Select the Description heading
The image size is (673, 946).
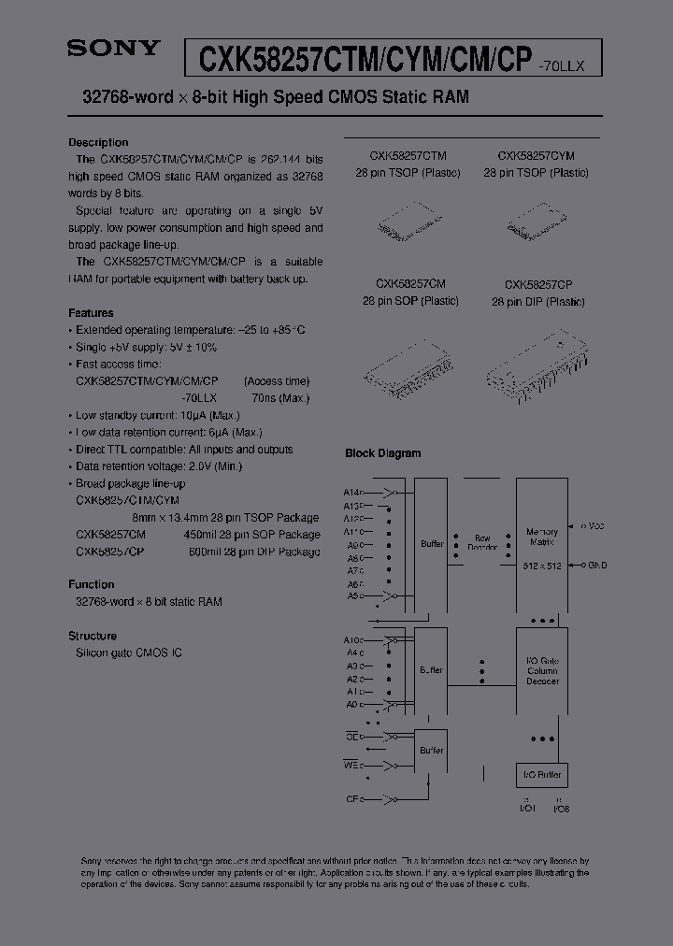tap(98, 143)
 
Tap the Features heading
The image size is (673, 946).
tap(91, 313)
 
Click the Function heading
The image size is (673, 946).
tap(92, 584)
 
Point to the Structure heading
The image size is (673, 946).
tap(93, 636)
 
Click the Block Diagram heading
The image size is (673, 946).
tap(383, 453)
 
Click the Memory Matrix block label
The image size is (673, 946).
tap(542, 537)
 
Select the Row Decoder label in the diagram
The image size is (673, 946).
tap(482, 543)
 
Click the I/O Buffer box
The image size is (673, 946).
tap(541, 775)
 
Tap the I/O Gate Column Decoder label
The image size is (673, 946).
tap(542, 670)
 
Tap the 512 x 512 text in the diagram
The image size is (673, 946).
tap(542, 567)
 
